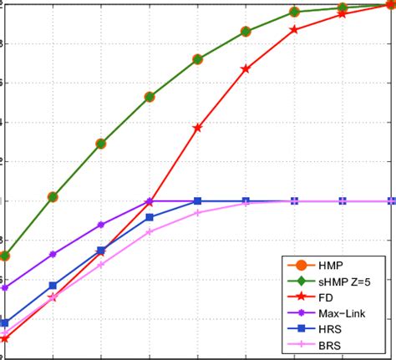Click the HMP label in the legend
tap(321, 266)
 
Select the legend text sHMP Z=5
tap(335, 282)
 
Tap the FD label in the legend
tap(317, 298)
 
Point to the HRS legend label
tap(321, 329)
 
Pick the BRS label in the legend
tap(321, 345)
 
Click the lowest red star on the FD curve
tap(4, 338)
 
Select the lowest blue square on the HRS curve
tap(4, 322)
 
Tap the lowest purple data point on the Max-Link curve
tap(4, 288)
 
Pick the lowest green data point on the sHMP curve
tap(4, 256)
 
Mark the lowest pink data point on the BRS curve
tap(4, 332)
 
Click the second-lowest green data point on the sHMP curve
tap(53, 197)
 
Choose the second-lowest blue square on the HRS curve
tap(53, 286)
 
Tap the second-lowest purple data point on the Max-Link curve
tap(53, 254)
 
